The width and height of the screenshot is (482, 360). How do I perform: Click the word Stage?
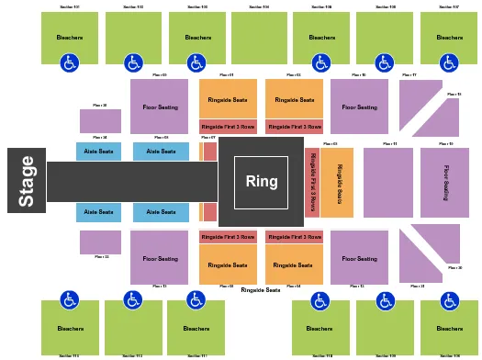(x=27, y=181)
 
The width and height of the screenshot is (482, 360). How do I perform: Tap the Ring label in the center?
(x=262, y=182)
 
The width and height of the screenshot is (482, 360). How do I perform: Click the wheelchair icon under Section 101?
(x=70, y=63)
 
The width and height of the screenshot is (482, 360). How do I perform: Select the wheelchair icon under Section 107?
(x=449, y=63)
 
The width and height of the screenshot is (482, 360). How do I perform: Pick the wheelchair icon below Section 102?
(x=133, y=63)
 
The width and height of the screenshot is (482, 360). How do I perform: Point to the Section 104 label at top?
(x=259, y=7)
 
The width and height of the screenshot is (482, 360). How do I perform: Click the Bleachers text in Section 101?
(x=70, y=38)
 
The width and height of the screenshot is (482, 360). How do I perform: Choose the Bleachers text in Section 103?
(x=197, y=38)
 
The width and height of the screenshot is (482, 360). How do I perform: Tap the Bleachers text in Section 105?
(x=321, y=38)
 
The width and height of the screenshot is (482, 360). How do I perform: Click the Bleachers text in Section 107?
(x=450, y=38)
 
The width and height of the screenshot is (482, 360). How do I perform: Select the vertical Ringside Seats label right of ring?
(x=338, y=182)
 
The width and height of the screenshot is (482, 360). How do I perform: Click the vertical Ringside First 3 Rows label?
(x=313, y=182)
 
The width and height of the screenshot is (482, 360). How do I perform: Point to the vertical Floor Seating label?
(x=446, y=182)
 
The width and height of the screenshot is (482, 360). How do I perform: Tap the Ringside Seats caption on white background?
(x=261, y=290)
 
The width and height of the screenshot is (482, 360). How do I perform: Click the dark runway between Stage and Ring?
(x=131, y=182)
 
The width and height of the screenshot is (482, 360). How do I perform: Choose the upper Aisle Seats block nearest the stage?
(x=98, y=152)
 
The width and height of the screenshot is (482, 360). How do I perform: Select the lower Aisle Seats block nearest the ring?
(x=161, y=212)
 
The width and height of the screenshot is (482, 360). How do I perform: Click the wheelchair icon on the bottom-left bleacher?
(x=70, y=300)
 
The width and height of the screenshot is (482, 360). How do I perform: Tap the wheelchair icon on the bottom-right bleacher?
(x=449, y=300)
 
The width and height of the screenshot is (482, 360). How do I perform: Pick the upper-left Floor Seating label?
(x=161, y=107)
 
